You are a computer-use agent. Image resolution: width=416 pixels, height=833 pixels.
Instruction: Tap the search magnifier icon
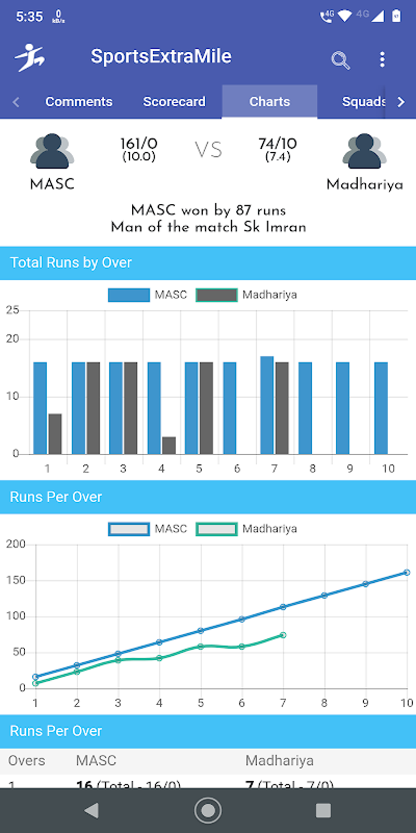pos(340,60)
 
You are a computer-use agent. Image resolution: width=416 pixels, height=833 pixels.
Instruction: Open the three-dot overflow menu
pos(382,60)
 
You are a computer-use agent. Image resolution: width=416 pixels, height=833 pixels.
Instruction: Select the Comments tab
pos(79,102)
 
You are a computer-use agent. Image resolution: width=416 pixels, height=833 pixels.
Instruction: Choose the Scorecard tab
pos(174,102)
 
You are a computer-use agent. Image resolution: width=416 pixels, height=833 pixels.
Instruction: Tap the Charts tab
pos(270,102)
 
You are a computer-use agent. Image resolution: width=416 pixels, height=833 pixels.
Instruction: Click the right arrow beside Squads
pos(401,102)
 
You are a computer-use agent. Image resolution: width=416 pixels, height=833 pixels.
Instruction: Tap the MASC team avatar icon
pos(52,151)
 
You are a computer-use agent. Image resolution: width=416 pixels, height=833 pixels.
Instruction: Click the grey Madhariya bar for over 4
pos(169,445)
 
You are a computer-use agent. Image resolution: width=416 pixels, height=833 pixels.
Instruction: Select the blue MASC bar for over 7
pos(267,405)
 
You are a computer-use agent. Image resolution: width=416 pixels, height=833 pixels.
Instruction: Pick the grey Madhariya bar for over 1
pos(55,434)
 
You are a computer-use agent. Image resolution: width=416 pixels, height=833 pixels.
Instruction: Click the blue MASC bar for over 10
pos(381,408)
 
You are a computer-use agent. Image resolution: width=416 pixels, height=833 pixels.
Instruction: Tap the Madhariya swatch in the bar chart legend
pos(217,295)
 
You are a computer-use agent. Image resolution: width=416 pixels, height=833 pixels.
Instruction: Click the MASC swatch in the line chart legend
pos(129,529)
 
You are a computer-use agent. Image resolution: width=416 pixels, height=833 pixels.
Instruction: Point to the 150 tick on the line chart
pos(16,580)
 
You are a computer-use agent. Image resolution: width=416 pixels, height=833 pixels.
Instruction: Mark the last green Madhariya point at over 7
pos(283,635)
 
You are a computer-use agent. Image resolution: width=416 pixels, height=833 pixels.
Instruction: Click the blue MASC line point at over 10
pos(407,572)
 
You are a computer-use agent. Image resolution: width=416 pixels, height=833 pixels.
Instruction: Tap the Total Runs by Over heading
pos(71,263)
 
